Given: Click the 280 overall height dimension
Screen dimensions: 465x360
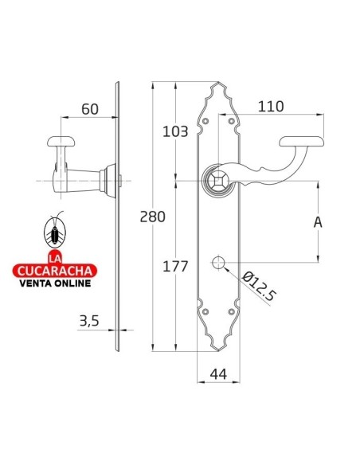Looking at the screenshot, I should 151,217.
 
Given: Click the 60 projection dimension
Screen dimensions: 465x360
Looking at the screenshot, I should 89,109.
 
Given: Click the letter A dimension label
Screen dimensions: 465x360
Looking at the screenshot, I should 318,222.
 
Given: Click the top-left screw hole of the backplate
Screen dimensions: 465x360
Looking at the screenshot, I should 206,120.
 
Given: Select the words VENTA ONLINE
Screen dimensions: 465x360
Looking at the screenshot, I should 54,281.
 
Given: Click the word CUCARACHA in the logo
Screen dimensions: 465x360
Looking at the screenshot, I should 54,269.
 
